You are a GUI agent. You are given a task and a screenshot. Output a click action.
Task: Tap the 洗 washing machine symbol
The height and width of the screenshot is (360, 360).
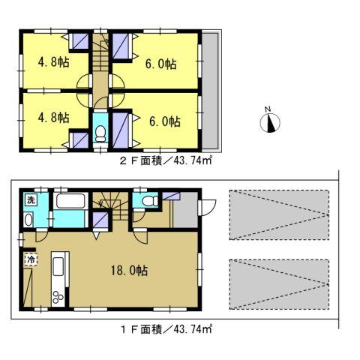(x=31, y=200)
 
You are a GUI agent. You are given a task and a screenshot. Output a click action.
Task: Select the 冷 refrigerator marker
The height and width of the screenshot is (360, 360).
(x=31, y=259)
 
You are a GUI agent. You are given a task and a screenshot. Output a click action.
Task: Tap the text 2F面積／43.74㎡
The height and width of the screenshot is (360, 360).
(x=159, y=159)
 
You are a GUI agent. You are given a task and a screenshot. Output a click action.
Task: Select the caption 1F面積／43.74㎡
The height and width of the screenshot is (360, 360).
(x=159, y=328)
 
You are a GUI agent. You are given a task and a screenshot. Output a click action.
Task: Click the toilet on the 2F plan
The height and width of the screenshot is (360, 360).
(x=100, y=133)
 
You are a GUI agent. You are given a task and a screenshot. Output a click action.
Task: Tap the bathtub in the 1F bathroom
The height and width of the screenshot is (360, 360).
(x=73, y=202)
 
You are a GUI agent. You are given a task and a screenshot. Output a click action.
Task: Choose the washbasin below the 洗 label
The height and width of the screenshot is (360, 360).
(x=28, y=219)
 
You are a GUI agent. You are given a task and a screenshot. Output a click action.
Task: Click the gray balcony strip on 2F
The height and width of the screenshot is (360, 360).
(x=209, y=90)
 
